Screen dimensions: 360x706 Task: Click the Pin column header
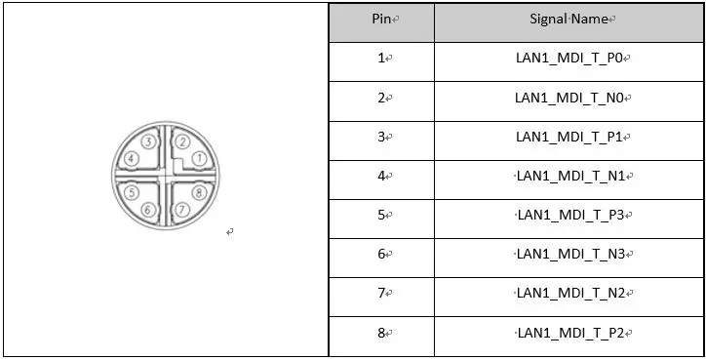[384, 19]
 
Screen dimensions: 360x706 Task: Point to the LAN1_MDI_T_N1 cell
[572, 176]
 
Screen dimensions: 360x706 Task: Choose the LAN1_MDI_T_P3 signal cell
[572, 215]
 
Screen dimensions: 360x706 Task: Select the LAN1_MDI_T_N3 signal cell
[572, 255]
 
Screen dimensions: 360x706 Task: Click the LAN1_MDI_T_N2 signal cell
[572, 294]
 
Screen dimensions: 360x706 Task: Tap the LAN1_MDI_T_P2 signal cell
[572, 334]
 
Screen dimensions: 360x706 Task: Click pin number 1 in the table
[382, 59]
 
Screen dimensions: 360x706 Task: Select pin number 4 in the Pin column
[382, 176]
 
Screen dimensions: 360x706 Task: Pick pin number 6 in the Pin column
[382, 255]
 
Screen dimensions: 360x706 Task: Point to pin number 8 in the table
[382, 334]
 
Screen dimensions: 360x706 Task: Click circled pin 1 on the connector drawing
[198, 158]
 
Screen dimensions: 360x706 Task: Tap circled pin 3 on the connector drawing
[147, 141]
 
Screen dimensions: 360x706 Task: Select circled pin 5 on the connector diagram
[131, 193]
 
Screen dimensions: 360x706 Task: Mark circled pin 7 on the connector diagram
[181, 210]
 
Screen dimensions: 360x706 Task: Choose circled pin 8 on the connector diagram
[198, 193]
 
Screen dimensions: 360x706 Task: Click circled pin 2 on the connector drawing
[181, 141]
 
